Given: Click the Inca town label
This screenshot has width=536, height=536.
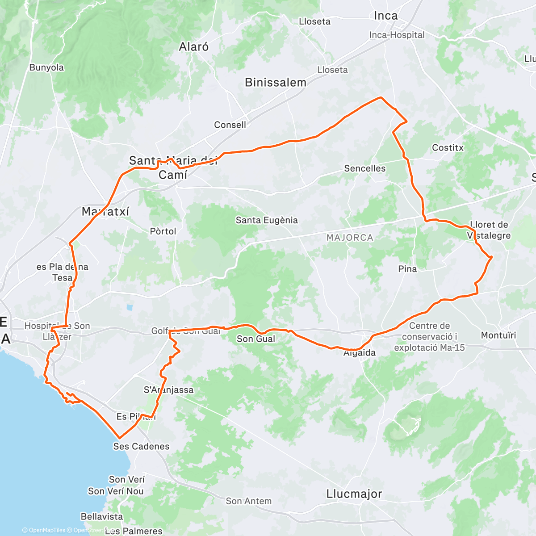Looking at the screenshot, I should [x=385, y=16].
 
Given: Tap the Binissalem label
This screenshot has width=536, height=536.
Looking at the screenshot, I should [x=276, y=82].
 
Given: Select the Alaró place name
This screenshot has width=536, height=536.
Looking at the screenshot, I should [x=193, y=47].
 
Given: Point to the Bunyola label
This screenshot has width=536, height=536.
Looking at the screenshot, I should [x=46, y=67].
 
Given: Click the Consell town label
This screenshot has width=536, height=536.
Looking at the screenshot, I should [x=230, y=125].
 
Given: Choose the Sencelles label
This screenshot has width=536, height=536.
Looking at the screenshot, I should [x=364, y=168].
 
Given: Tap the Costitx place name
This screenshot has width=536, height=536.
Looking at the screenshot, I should [x=448, y=148].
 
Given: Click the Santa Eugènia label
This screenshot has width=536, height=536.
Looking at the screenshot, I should [x=267, y=220].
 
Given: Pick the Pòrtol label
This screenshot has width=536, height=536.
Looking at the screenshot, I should [x=163, y=231].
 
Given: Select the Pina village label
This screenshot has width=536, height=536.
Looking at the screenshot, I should [x=407, y=269].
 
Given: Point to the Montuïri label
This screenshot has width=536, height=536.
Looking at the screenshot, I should [x=498, y=335].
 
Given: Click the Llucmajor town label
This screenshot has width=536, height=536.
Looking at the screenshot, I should [x=354, y=494].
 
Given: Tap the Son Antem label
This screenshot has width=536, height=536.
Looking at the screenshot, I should [x=248, y=501].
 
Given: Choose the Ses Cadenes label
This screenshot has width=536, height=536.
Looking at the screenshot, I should [x=141, y=446].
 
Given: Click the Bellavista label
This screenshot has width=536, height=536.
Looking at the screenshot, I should [x=102, y=516].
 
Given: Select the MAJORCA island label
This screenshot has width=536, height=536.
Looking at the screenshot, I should [x=350, y=238].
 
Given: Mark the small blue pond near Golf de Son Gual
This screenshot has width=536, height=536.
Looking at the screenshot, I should [x=130, y=307].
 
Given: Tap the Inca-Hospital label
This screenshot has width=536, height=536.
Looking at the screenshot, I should [x=397, y=35].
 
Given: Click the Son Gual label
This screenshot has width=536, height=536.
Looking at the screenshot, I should [x=256, y=339].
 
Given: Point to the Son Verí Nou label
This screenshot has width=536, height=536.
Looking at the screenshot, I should [x=116, y=491].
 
